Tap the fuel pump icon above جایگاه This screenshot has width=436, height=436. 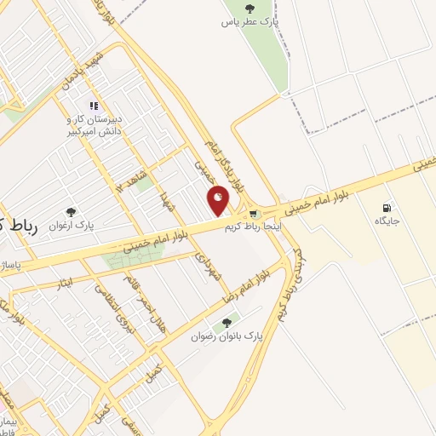[x=387, y=207]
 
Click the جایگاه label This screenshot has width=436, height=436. [x=387, y=221]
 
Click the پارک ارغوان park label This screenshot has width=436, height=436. [x=72, y=226]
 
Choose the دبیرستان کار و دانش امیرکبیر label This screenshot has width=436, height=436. [x=95, y=126]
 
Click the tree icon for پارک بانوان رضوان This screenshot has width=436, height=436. [x=226, y=323]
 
